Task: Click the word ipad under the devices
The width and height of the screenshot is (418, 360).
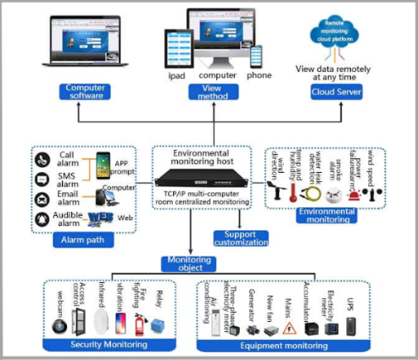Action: tap(176, 75)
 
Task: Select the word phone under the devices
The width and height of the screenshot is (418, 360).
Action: tap(259, 75)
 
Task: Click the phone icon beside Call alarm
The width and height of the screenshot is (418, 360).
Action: tap(42, 158)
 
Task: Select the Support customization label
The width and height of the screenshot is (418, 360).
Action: tap(240, 238)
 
